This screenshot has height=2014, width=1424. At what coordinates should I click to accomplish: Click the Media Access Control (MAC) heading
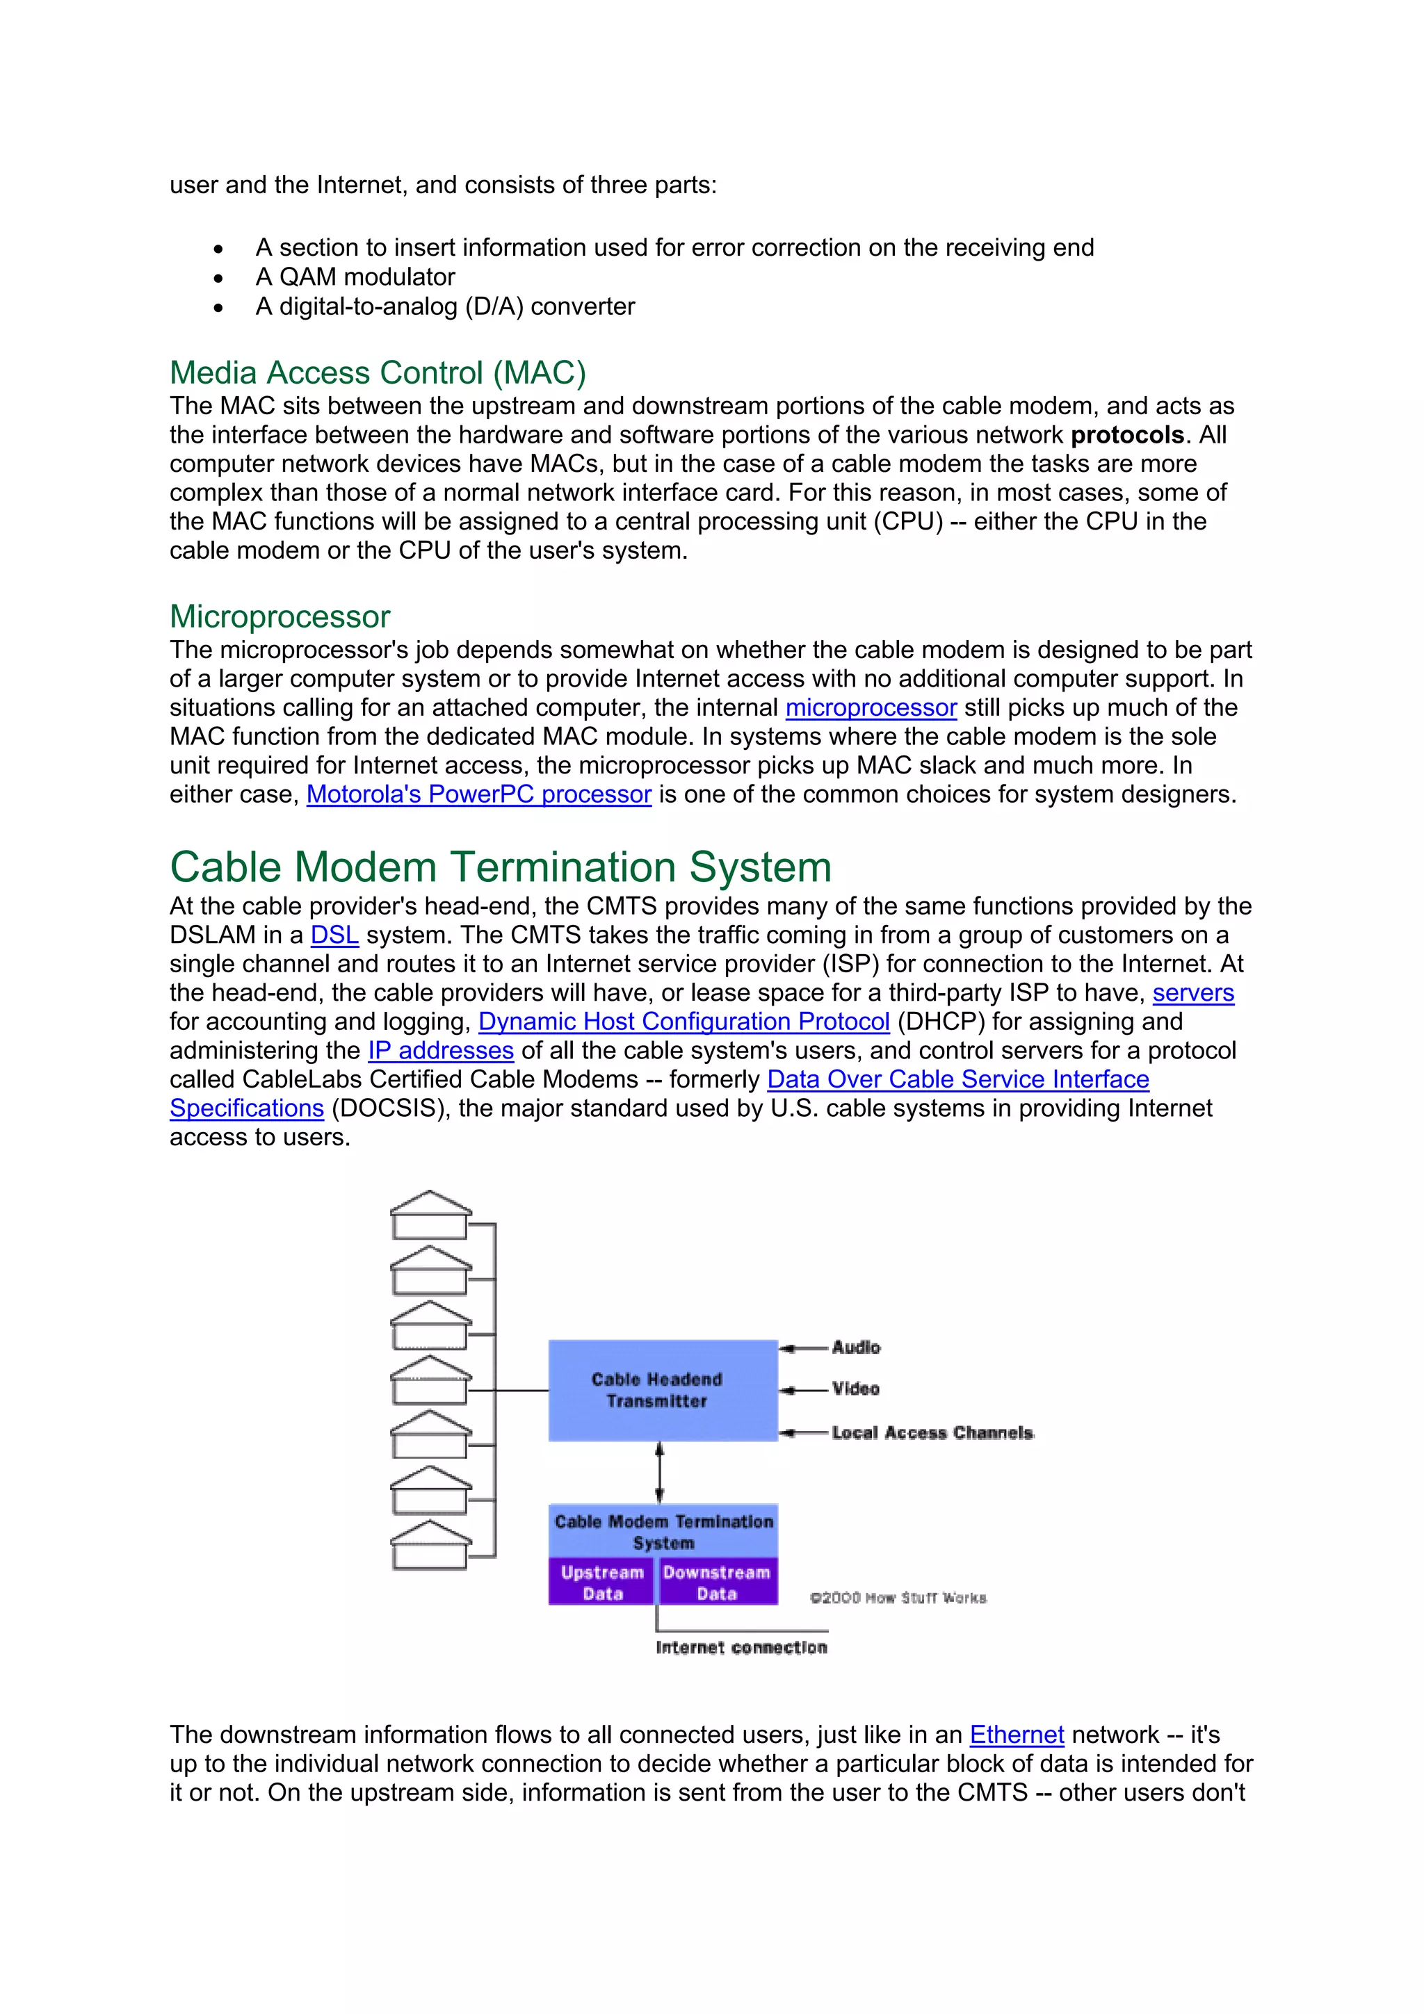pyautogui.click(x=378, y=372)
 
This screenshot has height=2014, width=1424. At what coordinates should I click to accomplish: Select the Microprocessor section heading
pyautogui.click(x=280, y=616)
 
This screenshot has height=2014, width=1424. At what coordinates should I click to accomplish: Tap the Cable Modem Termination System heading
pyautogui.click(x=500, y=867)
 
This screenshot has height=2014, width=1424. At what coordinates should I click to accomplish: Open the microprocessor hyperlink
pyautogui.click(x=871, y=708)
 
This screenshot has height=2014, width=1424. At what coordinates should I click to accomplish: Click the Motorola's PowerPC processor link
pyautogui.click(x=478, y=795)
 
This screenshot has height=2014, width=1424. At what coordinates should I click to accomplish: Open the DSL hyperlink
pyautogui.click(x=334, y=935)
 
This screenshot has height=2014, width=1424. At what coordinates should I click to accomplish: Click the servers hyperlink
pyautogui.click(x=1192, y=993)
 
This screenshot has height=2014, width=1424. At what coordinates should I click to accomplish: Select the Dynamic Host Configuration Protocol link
pyautogui.click(x=683, y=1022)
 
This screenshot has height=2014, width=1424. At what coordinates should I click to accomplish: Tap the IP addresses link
pyautogui.click(x=440, y=1051)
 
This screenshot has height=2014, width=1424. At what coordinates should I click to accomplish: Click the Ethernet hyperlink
pyautogui.click(x=1016, y=1735)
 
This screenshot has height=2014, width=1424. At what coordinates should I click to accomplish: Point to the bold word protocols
pyautogui.click(x=1126, y=435)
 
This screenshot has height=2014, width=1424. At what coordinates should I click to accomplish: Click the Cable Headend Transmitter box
pyautogui.click(x=663, y=1391)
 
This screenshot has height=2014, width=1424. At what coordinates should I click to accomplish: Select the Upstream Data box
pyautogui.click(x=602, y=1582)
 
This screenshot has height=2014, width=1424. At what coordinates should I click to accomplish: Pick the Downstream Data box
pyautogui.click(x=717, y=1582)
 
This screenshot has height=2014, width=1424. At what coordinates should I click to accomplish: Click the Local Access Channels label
pyautogui.click(x=932, y=1432)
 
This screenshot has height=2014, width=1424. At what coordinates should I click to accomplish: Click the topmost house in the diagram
pyautogui.click(x=430, y=1215)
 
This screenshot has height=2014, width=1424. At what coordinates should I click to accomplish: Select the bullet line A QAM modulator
pyautogui.click(x=355, y=277)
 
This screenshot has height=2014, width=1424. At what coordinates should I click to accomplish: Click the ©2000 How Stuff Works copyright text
pyautogui.click(x=898, y=1598)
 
